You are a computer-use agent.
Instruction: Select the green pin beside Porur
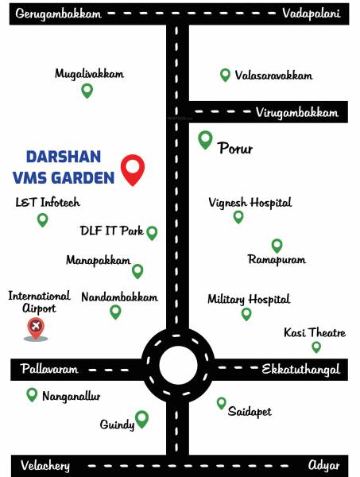click(205, 141)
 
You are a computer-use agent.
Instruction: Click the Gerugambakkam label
click(59, 14)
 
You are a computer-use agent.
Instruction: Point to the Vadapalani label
click(312, 14)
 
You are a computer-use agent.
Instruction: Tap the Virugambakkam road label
click(297, 113)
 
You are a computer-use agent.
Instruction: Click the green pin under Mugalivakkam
click(87, 91)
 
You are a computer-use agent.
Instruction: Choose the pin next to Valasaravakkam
click(225, 76)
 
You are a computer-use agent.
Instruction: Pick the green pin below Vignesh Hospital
click(238, 216)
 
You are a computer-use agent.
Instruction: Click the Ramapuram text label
click(277, 260)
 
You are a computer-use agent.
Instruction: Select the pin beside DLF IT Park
click(152, 233)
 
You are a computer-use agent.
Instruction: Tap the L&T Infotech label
click(48, 202)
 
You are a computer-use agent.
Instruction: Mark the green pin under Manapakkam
click(137, 271)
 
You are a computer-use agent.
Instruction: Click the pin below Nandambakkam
click(116, 312)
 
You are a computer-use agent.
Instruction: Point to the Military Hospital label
click(249, 299)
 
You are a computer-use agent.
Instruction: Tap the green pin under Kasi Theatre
click(316, 347)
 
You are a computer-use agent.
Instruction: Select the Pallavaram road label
click(45, 370)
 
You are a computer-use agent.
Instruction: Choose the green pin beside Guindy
click(142, 418)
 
